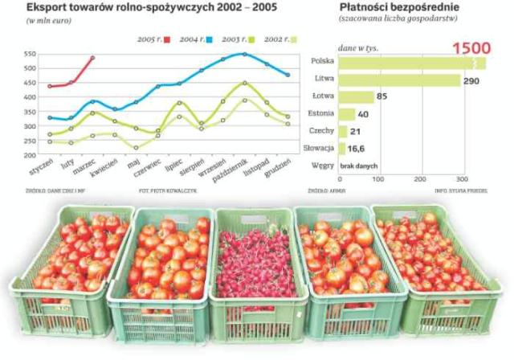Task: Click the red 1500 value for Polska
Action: pos(469,47)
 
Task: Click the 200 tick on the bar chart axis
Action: pos(423,178)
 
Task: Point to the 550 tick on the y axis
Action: pos(30,54)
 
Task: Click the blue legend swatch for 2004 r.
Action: pos(209,39)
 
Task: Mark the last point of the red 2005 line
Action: pos(93,58)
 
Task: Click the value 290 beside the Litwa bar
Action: pos(474,80)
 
